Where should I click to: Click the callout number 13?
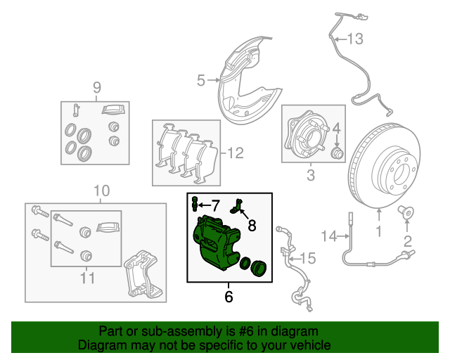pos(355,39)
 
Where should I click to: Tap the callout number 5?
pos(200,81)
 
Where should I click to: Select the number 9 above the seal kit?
pos(97,88)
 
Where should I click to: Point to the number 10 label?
pos(101,191)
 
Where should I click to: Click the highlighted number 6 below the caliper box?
pos(229,296)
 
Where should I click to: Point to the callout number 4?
pos(337,128)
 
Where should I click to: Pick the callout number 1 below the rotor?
pos(379,231)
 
